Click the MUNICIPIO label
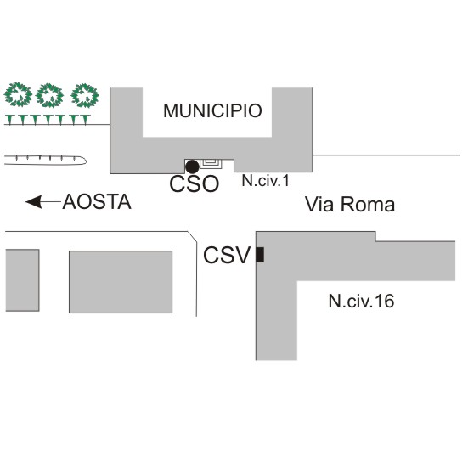212,110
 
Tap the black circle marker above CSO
192,166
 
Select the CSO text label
194,183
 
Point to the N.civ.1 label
265,181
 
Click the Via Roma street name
350,205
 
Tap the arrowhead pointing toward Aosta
33,202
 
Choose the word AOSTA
97,202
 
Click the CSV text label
226,255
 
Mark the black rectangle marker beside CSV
260,255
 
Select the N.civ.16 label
361,301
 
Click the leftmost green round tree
18,94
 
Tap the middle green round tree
50,95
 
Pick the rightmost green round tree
85,95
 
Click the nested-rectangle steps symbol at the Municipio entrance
211,164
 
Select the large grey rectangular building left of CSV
121,282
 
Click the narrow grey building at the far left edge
22,280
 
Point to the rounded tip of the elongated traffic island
87,161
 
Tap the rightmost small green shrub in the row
86,119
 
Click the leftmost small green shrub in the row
10,119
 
